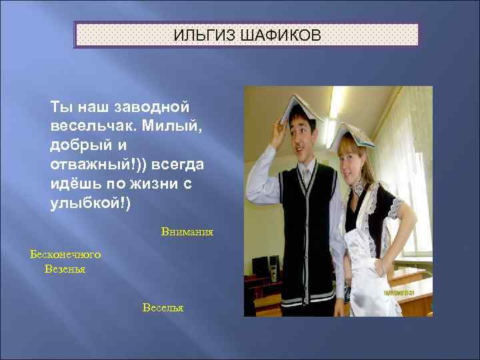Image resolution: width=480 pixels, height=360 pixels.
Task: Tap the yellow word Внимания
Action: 187,232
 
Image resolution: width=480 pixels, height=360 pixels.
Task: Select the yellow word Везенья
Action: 65,269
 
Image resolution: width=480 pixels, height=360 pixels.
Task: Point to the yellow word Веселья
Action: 163,307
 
